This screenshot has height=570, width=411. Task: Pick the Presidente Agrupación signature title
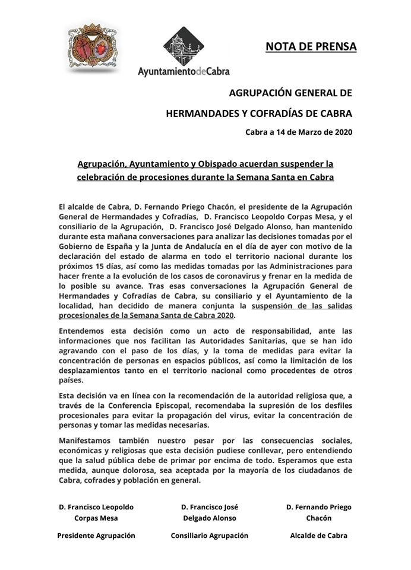(96, 535)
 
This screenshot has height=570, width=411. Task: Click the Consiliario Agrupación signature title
(209, 535)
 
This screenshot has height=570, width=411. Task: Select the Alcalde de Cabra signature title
(318, 535)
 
